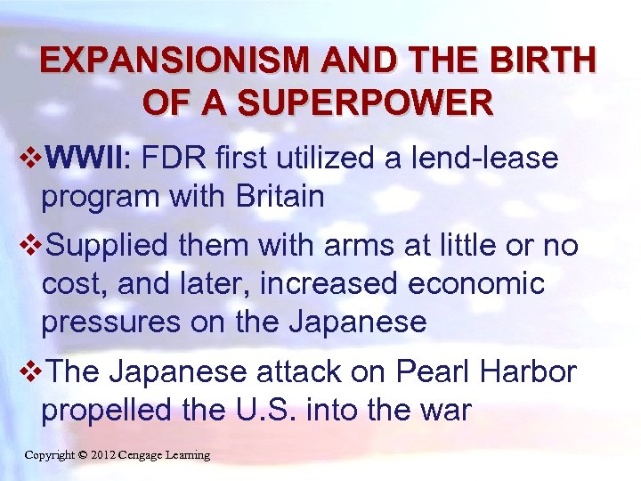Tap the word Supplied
[x=105, y=245]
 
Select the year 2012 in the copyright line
[x=106, y=455]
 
